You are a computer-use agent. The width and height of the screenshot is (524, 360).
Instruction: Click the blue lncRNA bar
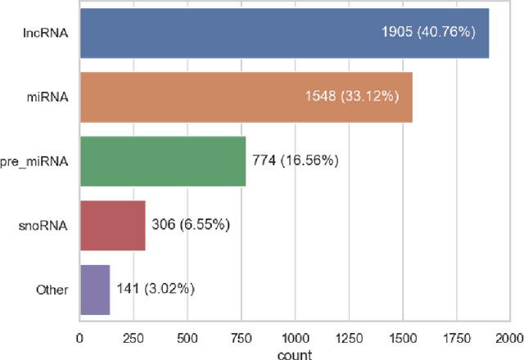(x=246, y=34)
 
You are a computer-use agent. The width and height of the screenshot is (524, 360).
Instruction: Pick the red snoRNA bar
(x=112, y=225)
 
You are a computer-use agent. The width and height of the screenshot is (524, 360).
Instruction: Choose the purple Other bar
(x=95, y=289)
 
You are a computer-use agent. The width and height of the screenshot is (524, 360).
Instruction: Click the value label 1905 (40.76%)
(x=429, y=34)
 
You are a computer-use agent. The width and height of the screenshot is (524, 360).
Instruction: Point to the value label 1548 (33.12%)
(x=350, y=97)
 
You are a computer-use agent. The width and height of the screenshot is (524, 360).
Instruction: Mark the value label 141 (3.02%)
(x=156, y=289)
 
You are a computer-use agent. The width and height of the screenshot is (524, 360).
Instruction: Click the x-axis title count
(x=295, y=354)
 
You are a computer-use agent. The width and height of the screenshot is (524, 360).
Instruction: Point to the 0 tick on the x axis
(x=79, y=336)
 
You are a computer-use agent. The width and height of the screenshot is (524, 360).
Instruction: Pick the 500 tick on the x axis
(x=187, y=336)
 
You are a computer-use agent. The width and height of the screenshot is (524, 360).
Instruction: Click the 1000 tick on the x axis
(x=295, y=336)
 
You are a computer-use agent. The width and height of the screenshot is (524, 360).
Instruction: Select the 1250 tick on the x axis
(x=349, y=336)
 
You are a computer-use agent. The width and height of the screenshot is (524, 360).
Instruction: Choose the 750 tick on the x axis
(x=241, y=336)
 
